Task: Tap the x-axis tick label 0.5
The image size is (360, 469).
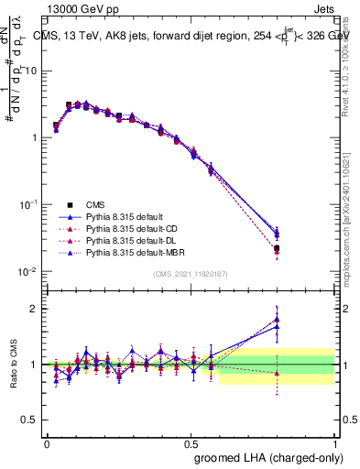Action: (191, 442)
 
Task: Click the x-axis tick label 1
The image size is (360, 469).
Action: (334, 442)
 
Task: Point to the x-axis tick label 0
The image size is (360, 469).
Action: (47, 442)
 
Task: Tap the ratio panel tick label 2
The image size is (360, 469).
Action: (34, 309)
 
